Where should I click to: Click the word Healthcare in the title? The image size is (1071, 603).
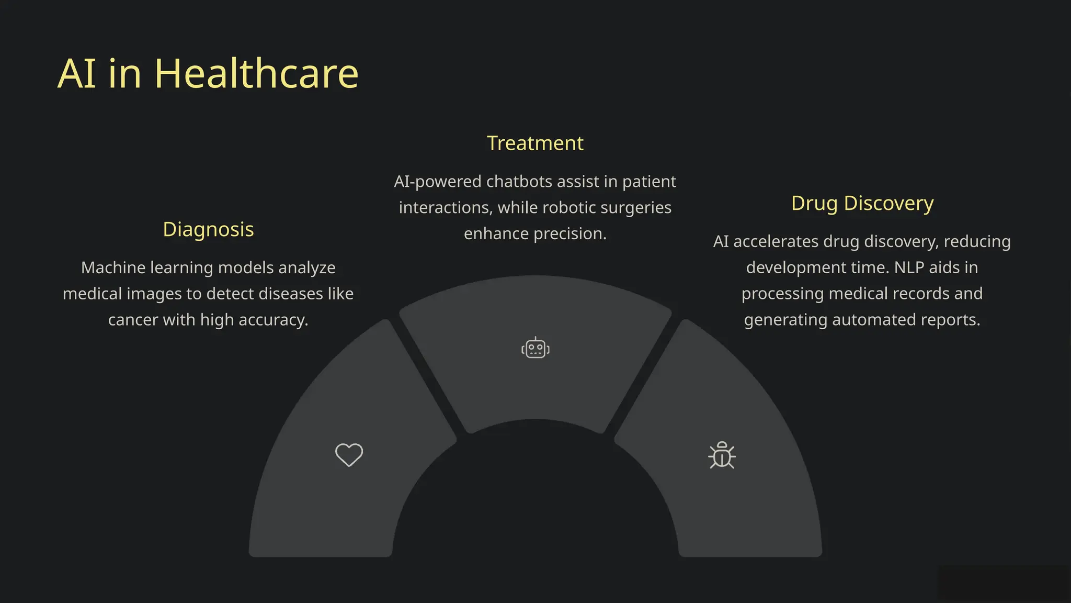pos(256,74)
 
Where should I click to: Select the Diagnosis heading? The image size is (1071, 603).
pos(208,229)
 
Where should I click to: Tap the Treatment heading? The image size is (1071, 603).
pos(535,143)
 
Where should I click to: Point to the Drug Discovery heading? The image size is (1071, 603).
pos(862,203)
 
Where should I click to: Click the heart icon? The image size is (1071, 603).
pos(349,454)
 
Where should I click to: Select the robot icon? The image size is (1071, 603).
pos(535,348)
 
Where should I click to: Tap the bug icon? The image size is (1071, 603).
pos(722,455)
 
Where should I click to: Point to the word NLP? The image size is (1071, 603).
pos(909,267)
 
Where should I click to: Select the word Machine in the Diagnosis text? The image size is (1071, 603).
pos(113,267)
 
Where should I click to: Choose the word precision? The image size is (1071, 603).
pos(570,233)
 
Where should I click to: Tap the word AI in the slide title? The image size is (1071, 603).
pos(77,74)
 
